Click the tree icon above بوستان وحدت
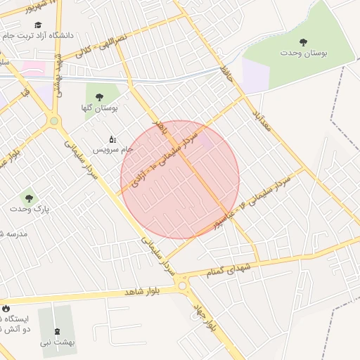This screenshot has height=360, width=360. (303, 42)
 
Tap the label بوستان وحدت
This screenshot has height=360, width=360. (303, 53)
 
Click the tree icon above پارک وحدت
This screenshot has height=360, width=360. (29, 198)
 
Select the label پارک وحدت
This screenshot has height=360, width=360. (29, 210)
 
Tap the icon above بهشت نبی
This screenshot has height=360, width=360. (57, 331)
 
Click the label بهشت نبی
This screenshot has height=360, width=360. (57, 342)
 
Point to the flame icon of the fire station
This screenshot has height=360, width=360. (6, 308)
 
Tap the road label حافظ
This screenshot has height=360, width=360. (226, 73)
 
